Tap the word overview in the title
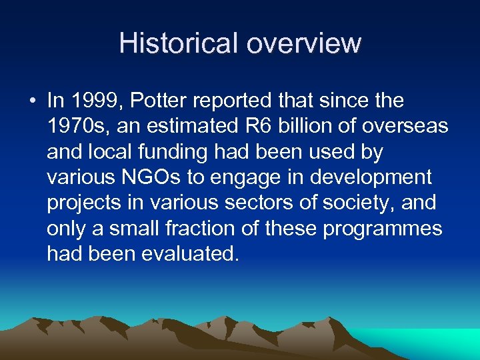(304, 43)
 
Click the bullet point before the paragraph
(33, 101)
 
